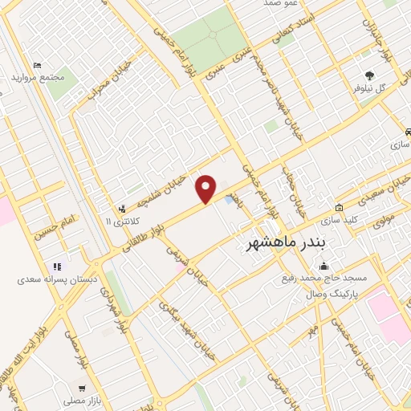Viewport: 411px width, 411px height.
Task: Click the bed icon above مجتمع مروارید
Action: pos(36,64)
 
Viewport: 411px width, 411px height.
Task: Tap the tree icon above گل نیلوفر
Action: pos(368,71)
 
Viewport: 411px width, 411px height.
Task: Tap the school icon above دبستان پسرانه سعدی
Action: pos(57,267)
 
